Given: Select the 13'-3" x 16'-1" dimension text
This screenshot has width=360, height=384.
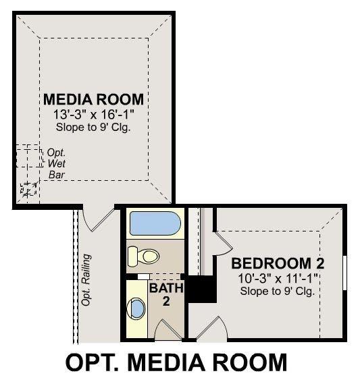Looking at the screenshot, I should [x=93, y=114].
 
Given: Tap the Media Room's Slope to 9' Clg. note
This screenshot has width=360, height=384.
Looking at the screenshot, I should [x=93, y=126].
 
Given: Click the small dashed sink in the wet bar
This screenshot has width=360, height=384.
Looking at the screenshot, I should [x=28, y=189].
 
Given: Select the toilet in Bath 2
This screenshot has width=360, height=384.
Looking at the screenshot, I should [x=143, y=256].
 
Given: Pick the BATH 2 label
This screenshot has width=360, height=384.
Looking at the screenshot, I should [x=162, y=294].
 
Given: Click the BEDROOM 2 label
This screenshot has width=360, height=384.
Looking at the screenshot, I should [x=273, y=263].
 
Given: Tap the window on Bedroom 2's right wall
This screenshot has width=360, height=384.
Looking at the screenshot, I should [x=344, y=273].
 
